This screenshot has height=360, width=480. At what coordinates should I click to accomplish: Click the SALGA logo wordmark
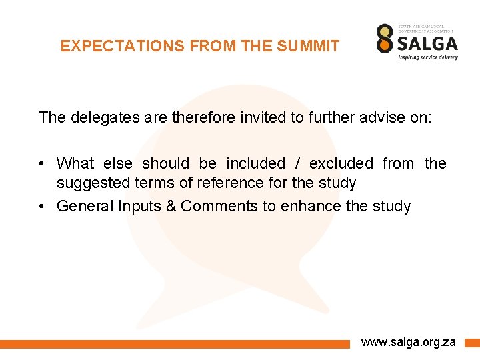click(427, 43)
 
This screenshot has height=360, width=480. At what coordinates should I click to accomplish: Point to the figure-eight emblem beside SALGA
click(385, 39)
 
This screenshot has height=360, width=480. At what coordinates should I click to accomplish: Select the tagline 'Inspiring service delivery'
click(427, 57)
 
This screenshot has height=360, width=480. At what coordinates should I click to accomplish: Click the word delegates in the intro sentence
click(98, 118)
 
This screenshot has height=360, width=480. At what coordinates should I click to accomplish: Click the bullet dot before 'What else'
click(41, 163)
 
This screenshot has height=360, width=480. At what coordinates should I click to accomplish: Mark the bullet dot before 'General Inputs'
click(41, 206)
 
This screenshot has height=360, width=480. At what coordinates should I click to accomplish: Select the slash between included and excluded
click(297, 163)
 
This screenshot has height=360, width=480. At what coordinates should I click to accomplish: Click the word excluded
click(341, 163)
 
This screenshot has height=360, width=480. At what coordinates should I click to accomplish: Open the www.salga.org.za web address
click(408, 342)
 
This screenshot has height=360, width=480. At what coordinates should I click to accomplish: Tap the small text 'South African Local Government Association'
click(425, 29)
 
